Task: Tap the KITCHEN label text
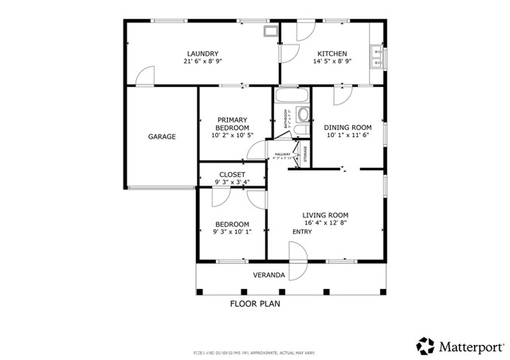(332, 53)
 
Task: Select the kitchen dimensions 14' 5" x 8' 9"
(332, 61)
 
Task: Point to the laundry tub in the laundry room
(271, 32)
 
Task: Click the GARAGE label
(161, 137)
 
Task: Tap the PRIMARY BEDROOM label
(232, 123)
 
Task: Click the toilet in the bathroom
(301, 114)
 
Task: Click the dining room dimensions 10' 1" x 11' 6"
(348, 135)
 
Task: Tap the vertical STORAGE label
(306, 154)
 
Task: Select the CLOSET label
(232, 174)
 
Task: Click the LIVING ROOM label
(325, 215)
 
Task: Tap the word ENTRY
(302, 232)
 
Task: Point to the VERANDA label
(269, 276)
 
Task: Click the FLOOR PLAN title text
(255, 303)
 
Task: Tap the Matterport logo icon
(426, 346)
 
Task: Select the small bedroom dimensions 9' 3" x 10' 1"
(232, 233)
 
